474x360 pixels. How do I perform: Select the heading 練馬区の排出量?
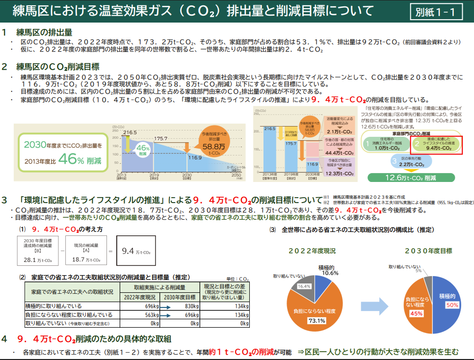pyautogui.click(x=44, y=32)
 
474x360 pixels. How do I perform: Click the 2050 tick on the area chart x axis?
pyautogui.click(x=237, y=175)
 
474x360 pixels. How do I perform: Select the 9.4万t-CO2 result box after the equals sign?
pyautogui.click(x=136, y=251)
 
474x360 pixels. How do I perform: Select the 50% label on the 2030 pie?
pyautogui.click(x=452, y=305)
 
